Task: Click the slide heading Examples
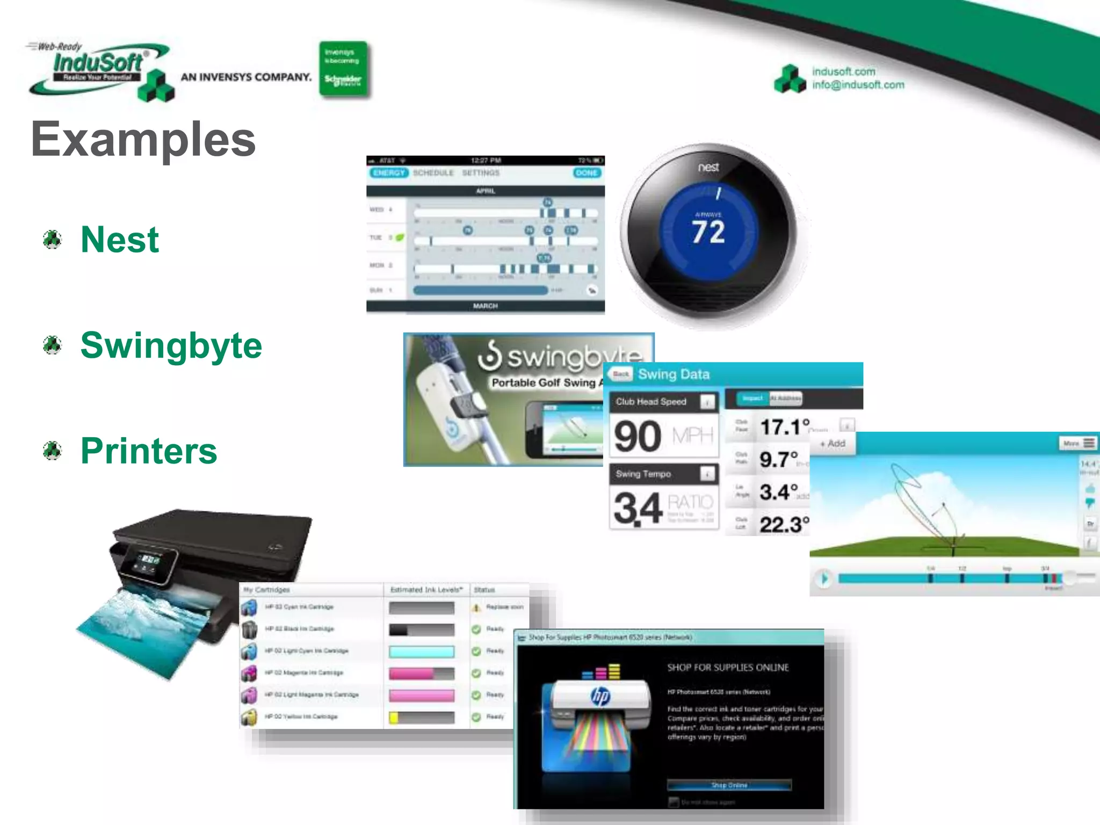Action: (143, 139)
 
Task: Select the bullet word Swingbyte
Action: (171, 345)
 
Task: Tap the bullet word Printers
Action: (149, 451)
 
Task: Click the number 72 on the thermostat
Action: (708, 232)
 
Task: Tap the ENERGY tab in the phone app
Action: (389, 173)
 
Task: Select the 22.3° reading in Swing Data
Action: (784, 524)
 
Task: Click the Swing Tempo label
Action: (643, 474)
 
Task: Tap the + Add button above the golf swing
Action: (833, 444)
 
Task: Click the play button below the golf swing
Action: (823, 578)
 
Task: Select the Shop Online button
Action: (729, 785)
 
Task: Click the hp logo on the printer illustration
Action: (600, 697)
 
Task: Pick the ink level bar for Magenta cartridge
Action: (422, 673)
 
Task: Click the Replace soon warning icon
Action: (476, 607)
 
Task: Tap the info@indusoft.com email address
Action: (858, 85)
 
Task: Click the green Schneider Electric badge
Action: (343, 69)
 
